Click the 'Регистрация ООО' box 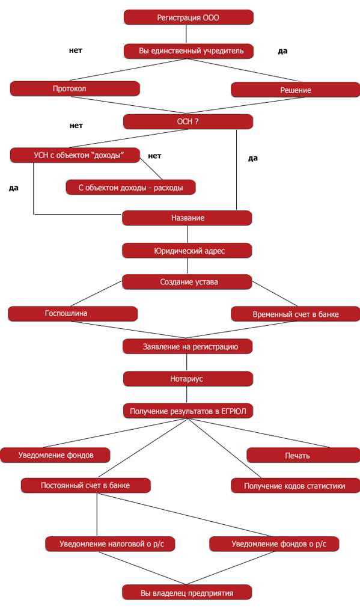188,17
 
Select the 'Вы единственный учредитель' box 189,51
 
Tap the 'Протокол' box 75,89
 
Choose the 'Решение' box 295,90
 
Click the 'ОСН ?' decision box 188,121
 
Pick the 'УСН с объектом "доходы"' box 75,155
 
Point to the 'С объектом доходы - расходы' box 130,188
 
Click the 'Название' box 187,218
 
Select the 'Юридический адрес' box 187,251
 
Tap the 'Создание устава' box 187,282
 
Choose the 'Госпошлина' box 73,314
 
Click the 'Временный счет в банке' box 295,314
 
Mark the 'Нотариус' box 188,379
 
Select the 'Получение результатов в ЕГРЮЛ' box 188,411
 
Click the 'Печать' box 303,456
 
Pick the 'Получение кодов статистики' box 295,486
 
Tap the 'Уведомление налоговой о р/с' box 110,544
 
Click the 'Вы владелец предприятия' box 187,593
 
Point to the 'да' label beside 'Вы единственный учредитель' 282,51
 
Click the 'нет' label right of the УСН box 154,156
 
